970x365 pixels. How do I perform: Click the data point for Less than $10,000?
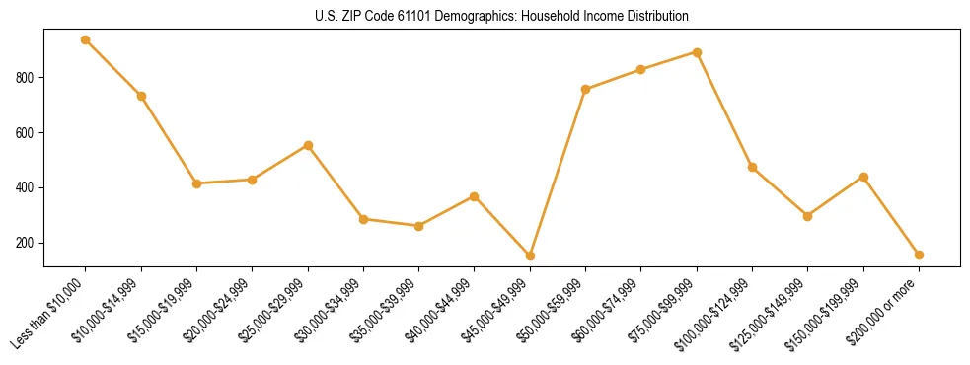86,39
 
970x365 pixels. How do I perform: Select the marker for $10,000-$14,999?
141,96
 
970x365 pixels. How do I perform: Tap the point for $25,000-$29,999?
308,145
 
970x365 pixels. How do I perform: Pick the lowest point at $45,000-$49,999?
530,255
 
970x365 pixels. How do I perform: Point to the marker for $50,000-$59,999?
586,89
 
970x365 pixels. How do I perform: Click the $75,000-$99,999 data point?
697,52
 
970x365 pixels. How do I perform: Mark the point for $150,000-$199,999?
863,177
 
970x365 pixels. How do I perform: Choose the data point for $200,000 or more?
919,255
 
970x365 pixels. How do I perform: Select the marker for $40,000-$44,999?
475,196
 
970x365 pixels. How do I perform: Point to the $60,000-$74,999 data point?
641,69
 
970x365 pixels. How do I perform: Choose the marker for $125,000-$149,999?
808,216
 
